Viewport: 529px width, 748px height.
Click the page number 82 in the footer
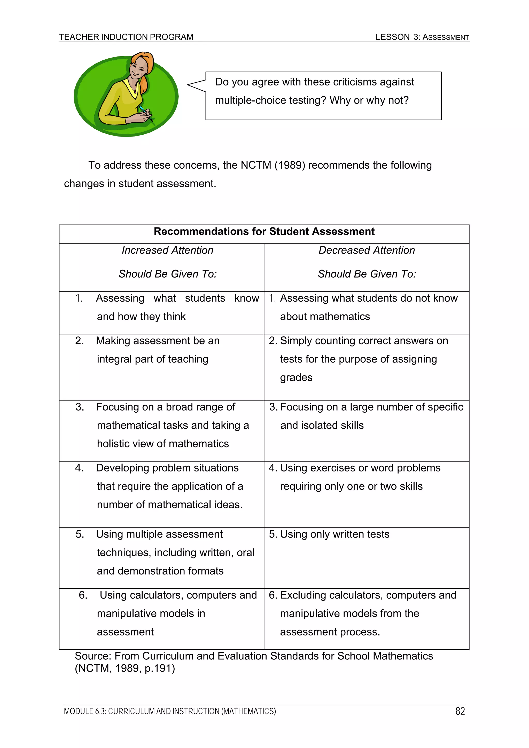coord(460,711)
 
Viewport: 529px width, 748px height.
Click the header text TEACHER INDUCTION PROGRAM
coord(126,37)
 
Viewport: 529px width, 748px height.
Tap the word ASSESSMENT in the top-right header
coord(446,37)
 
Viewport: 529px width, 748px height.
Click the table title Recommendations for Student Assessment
coord(264,231)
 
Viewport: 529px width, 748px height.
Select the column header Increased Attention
coord(168,250)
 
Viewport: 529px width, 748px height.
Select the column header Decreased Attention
coord(367,250)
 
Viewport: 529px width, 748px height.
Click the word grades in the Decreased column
coord(296,377)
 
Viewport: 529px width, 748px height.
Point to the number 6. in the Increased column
coord(83,595)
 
